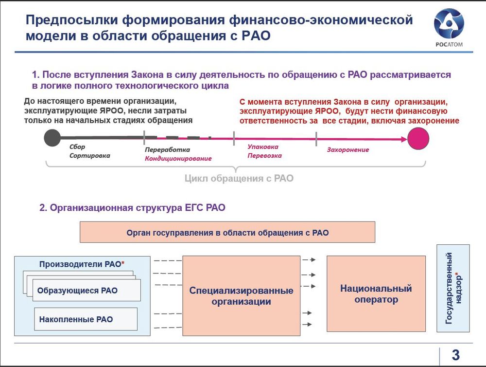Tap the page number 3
click(455, 355)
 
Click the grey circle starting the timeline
click(52, 138)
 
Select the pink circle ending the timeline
click(418, 139)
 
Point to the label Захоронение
click(348, 149)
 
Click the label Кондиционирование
click(178, 159)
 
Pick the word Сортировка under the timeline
click(89, 156)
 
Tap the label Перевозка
click(264, 156)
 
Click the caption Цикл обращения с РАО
click(239, 178)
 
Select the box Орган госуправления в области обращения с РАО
click(227, 232)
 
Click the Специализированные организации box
click(241, 295)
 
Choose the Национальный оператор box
click(376, 294)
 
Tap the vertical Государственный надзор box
click(453, 288)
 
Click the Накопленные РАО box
click(86, 319)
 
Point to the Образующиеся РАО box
click(87, 290)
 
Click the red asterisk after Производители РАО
click(123, 263)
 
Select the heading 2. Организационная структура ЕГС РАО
click(132, 207)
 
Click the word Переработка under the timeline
click(167, 149)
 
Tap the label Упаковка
click(263, 147)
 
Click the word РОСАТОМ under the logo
click(449, 44)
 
